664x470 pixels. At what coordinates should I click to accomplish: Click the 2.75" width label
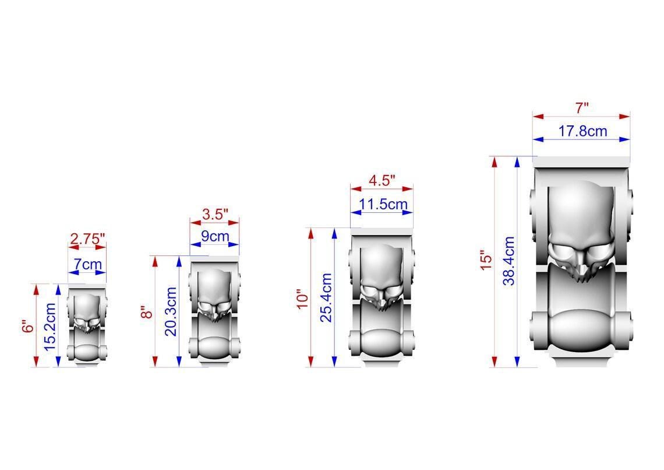(87, 239)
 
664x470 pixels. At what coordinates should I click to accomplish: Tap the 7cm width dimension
(87, 264)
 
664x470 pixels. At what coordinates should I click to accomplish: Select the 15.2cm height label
(50, 327)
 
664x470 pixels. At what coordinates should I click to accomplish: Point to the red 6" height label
(28, 326)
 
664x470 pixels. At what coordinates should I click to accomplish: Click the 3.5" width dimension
(215, 214)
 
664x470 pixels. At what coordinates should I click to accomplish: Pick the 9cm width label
(215, 236)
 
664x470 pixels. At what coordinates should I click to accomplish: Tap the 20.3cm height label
(170, 311)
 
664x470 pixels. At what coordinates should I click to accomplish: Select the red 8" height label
(147, 312)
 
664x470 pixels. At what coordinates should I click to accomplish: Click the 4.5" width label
(382, 180)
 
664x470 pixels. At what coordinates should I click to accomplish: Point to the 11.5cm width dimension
(383, 204)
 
